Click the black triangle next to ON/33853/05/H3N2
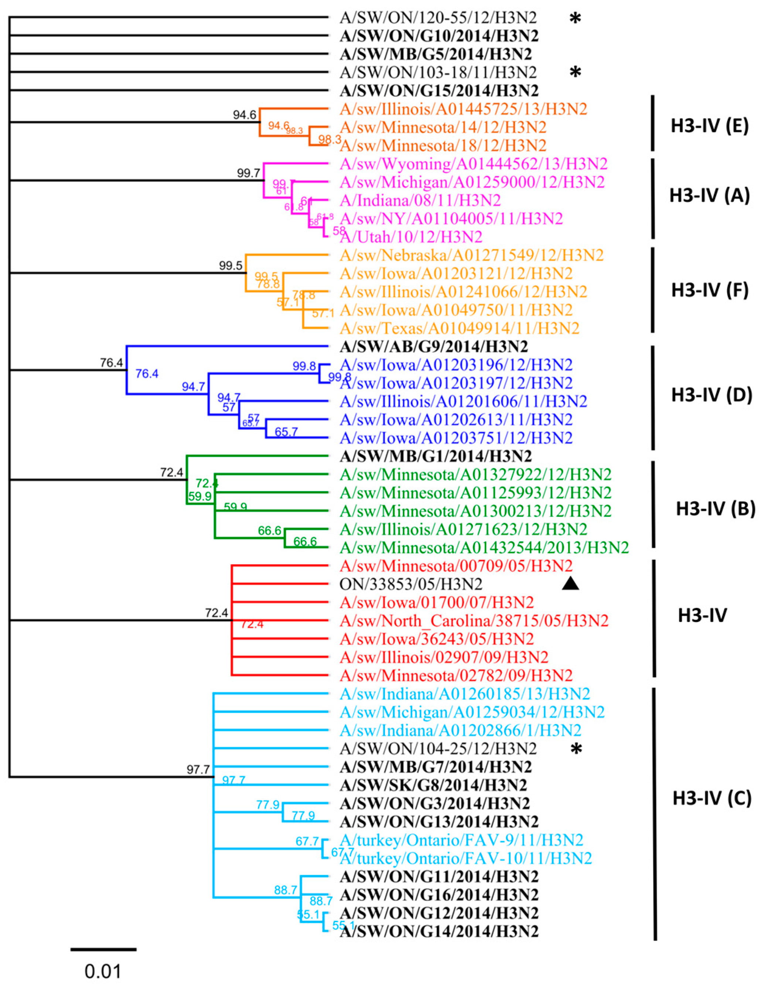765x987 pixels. click(x=570, y=584)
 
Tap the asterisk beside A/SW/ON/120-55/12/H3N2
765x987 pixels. click(x=575, y=18)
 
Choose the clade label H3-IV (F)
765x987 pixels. click(x=710, y=290)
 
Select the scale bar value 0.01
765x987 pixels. click(x=103, y=971)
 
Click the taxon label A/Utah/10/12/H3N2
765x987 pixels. click(x=411, y=237)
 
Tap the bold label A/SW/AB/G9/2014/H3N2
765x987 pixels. click(x=434, y=347)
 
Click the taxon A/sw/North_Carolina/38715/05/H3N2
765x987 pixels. click(x=474, y=620)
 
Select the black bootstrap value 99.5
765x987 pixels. click(x=231, y=266)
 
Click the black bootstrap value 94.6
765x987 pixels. click(x=245, y=115)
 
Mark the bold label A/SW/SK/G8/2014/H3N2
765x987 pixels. click(x=433, y=785)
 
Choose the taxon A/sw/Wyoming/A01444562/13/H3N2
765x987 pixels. click(x=474, y=164)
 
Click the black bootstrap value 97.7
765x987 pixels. click(x=198, y=769)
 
